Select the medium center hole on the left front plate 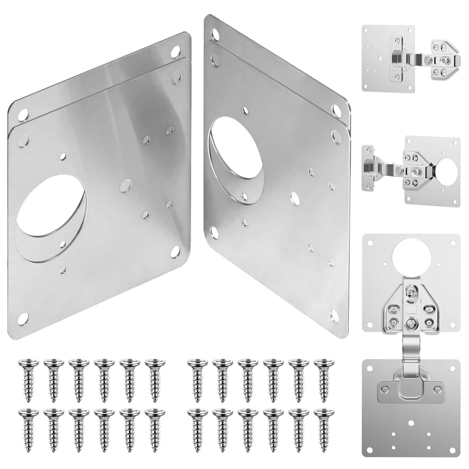pyautogui.click(x=125, y=186)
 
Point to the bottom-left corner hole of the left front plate pyautogui.click(x=23, y=317)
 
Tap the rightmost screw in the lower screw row pyautogui.click(x=321, y=422)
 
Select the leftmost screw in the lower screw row pyautogui.click(x=26, y=422)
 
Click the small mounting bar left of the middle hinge pyautogui.click(x=370, y=167)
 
